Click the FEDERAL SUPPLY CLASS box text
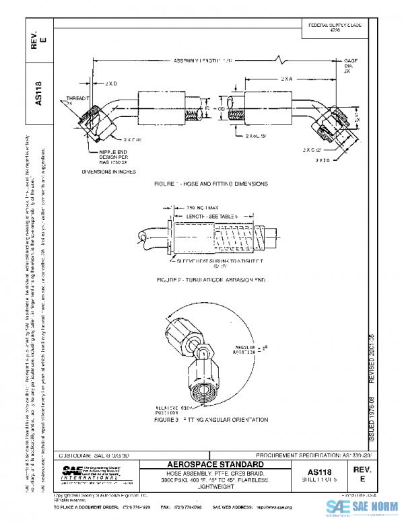pos(335,27)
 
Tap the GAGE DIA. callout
pos(351,65)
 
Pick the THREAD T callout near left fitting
pos(78,100)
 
